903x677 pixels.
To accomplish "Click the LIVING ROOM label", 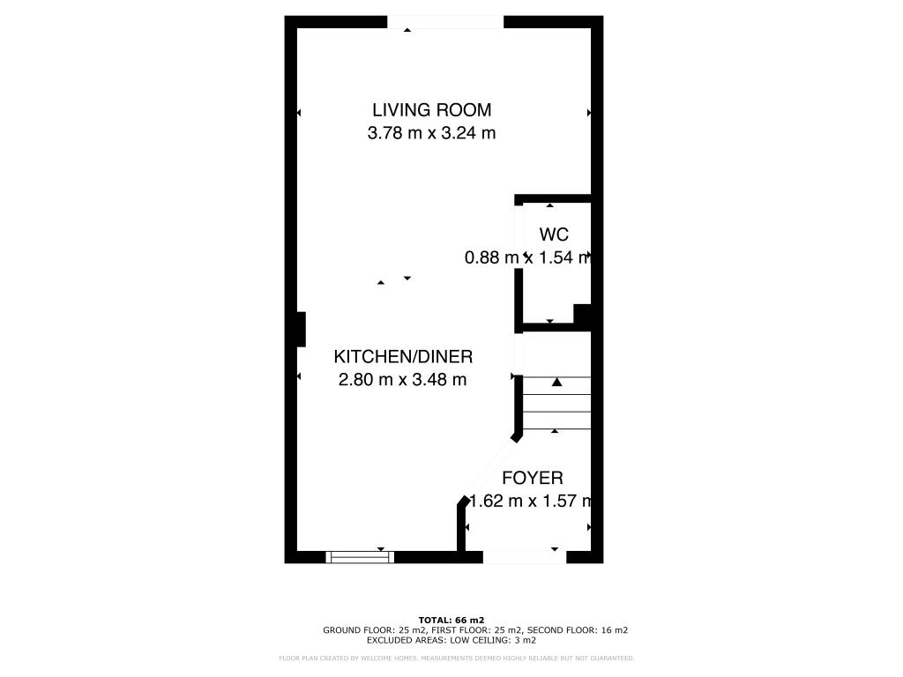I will pyautogui.click(x=431, y=110).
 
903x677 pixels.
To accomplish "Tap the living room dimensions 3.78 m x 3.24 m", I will pyautogui.click(x=431, y=134).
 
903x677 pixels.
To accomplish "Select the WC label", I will pyautogui.click(x=554, y=234).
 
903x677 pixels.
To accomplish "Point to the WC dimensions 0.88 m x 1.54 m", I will pyautogui.click(x=527, y=257).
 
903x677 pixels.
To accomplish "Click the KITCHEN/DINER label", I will pyautogui.click(x=403, y=357).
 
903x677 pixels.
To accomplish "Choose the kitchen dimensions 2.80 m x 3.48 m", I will pyautogui.click(x=402, y=380).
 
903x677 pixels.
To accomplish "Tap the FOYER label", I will pyautogui.click(x=532, y=479).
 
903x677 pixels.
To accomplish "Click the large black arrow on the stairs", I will pyautogui.click(x=556, y=383).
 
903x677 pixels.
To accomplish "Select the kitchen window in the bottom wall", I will pyautogui.click(x=359, y=556).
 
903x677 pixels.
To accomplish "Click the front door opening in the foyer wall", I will pyautogui.click(x=524, y=557).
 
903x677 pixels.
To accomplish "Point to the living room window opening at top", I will pyautogui.click(x=446, y=22).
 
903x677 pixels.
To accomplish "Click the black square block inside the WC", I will pyautogui.click(x=582, y=315).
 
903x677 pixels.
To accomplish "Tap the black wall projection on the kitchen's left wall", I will pyautogui.click(x=301, y=330).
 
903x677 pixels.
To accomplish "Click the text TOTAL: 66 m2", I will pyautogui.click(x=451, y=620).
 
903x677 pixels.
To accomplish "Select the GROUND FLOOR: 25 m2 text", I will pyautogui.click(x=375, y=630).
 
